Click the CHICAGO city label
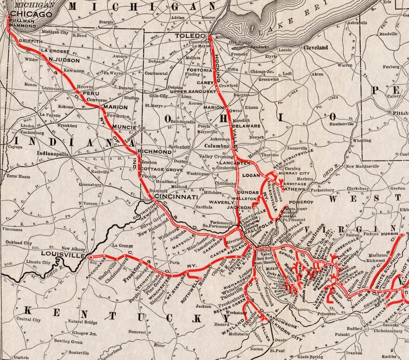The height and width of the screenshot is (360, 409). [31, 14]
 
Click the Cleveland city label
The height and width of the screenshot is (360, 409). [316, 47]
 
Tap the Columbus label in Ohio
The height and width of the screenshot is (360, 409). [217, 146]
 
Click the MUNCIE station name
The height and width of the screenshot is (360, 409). [124, 127]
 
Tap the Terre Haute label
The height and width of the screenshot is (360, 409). [19, 176]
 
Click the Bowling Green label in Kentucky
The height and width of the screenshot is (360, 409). [68, 341]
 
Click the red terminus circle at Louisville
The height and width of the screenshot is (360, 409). [91, 257]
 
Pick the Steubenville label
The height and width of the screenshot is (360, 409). [342, 124]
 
